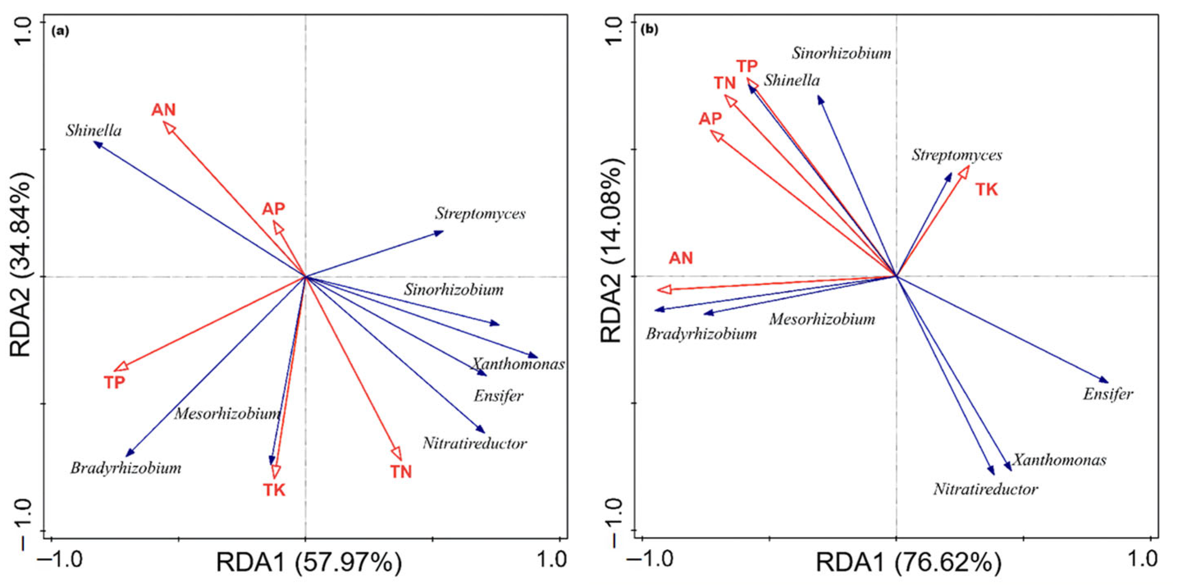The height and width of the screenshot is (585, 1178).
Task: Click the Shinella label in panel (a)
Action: [x=94, y=131]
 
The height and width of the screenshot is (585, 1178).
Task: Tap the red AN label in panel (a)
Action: [x=163, y=110]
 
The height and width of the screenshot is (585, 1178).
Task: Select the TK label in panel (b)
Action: [x=987, y=189]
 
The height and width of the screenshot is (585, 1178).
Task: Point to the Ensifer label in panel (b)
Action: [x=1107, y=394]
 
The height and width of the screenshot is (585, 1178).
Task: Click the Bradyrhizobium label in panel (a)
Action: [x=126, y=468]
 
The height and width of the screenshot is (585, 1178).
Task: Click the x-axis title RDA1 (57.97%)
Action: [x=309, y=562]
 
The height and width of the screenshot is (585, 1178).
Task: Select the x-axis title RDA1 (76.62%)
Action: [x=908, y=562]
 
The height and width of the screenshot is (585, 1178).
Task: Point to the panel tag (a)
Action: [x=60, y=31]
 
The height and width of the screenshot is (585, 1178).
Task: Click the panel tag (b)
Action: [x=649, y=30]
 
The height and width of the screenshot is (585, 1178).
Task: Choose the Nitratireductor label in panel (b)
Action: [x=985, y=489]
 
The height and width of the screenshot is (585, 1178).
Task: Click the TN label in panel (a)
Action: [x=401, y=471]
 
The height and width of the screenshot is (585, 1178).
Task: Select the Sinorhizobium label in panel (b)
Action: [x=841, y=54]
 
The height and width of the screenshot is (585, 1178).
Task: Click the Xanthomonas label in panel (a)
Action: [x=518, y=364]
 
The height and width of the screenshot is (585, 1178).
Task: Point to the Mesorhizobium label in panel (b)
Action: [x=822, y=319]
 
